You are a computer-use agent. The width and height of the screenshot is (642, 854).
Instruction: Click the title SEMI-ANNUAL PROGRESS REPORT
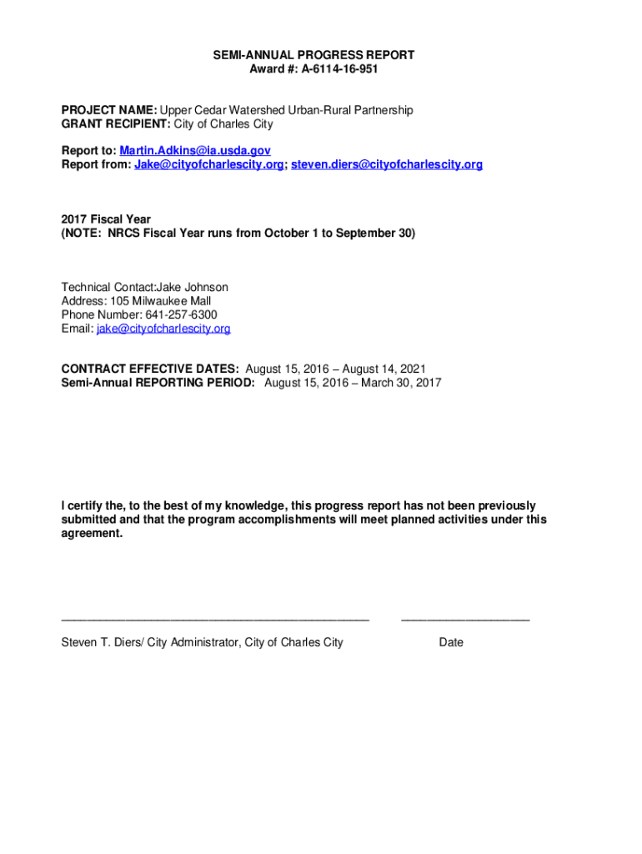[313, 55]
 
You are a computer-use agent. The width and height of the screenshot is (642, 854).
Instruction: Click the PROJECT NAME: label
[109, 110]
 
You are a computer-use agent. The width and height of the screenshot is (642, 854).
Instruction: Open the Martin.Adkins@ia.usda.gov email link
[195, 151]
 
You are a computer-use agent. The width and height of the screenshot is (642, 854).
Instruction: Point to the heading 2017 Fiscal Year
[106, 219]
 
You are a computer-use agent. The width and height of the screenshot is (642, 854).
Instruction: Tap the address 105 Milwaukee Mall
[159, 301]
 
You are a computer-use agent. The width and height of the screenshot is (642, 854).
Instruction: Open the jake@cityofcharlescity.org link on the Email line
[163, 329]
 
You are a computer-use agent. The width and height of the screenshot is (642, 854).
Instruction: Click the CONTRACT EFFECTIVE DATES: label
[150, 369]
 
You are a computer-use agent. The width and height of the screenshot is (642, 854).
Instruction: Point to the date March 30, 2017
[403, 383]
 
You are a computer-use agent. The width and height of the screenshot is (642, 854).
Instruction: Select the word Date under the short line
[451, 642]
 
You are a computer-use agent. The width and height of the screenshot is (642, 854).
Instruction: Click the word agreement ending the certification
[91, 533]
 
